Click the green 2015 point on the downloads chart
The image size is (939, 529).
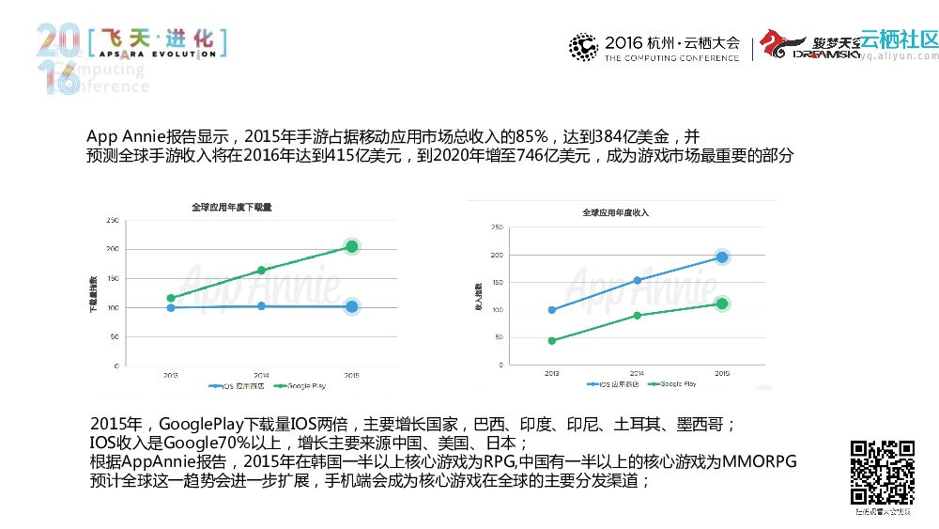coord(351,246)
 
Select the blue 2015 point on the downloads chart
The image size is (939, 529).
coord(351,306)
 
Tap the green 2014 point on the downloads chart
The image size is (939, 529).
coord(261,271)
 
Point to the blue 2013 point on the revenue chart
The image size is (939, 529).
coord(551,310)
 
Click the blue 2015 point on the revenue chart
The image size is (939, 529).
coord(722,257)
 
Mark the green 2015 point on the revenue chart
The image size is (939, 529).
coord(722,303)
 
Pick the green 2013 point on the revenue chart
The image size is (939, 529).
coord(551,341)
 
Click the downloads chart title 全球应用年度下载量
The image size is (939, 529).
coord(231,207)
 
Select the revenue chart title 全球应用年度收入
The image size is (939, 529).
coord(615,213)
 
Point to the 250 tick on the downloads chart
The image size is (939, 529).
coord(112,221)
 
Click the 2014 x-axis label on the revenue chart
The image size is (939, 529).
coord(637,373)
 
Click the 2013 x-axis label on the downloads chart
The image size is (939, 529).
coord(170,375)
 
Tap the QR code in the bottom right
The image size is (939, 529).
coord(882,472)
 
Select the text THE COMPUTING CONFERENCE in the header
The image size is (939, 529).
coord(671,58)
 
